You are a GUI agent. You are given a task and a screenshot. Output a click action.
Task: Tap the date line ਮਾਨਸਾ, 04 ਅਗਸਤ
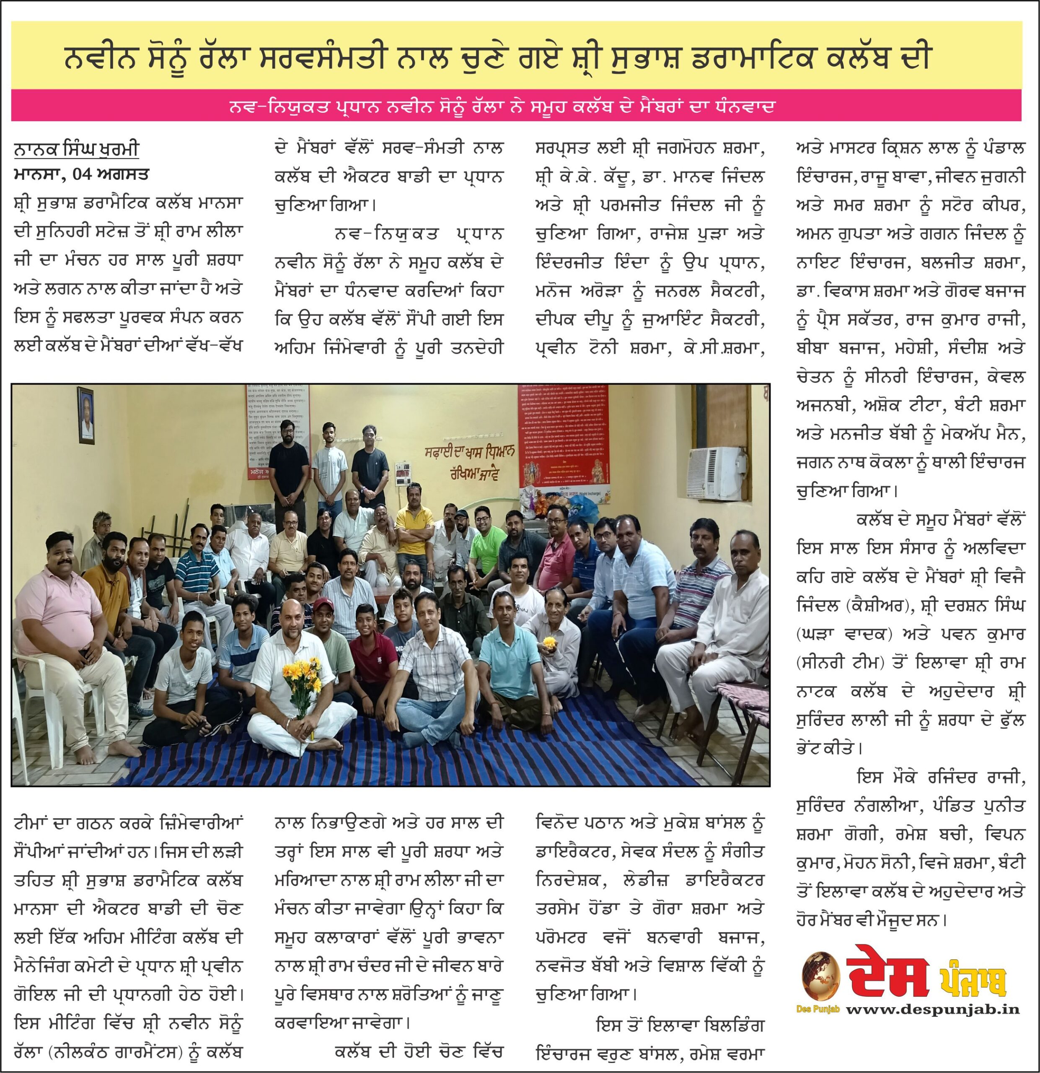pyautogui.click(x=82, y=175)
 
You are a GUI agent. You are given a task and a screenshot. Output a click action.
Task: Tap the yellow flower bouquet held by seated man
pyautogui.click(x=302, y=679)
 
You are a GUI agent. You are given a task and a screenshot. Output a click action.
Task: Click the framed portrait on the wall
pyautogui.click(x=86, y=415)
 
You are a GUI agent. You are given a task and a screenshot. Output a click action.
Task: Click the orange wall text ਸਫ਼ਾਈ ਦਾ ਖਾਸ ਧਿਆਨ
pyautogui.click(x=469, y=452)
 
